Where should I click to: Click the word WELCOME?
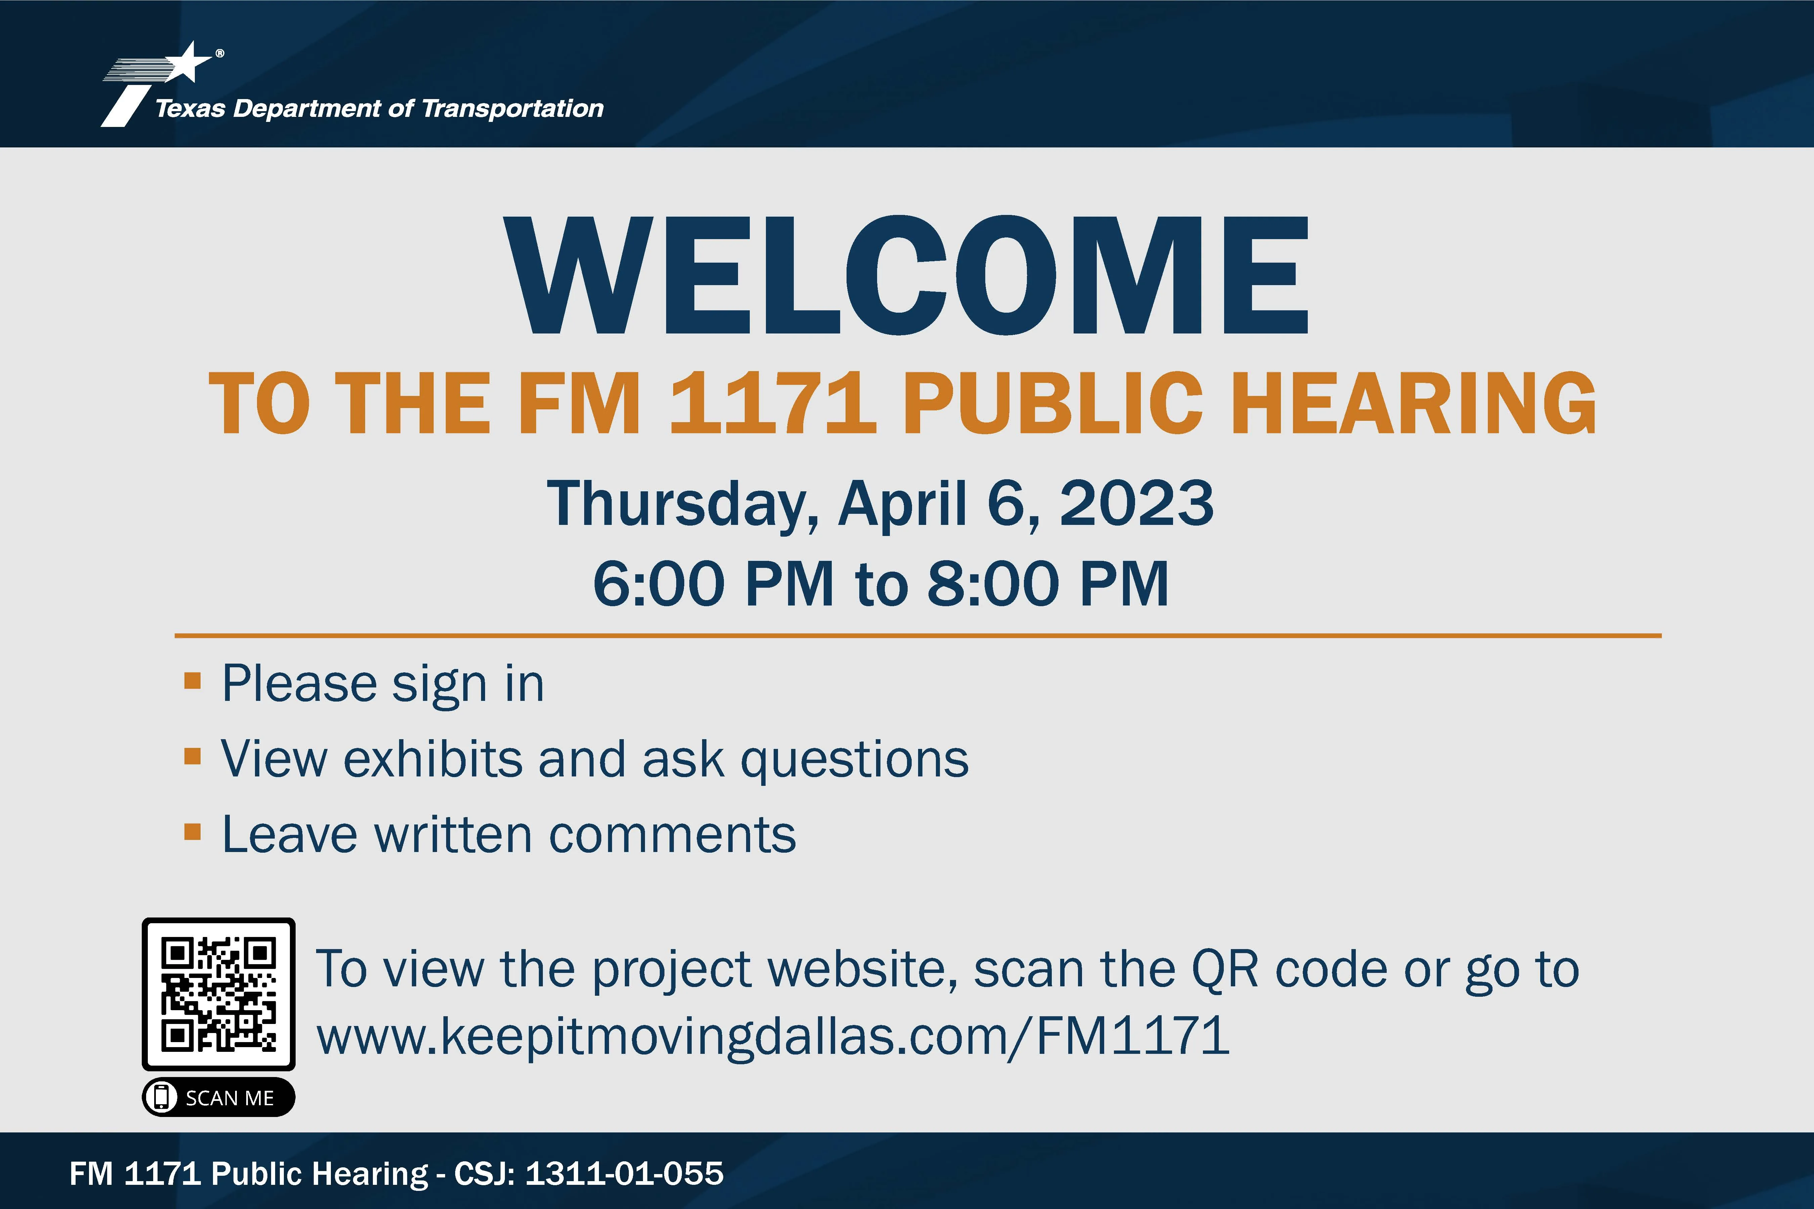click(x=906, y=275)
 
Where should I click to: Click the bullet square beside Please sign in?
click(x=193, y=681)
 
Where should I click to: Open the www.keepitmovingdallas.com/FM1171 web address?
click(x=773, y=1035)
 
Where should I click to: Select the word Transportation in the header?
click(x=513, y=108)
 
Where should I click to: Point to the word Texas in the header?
click(x=190, y=108)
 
